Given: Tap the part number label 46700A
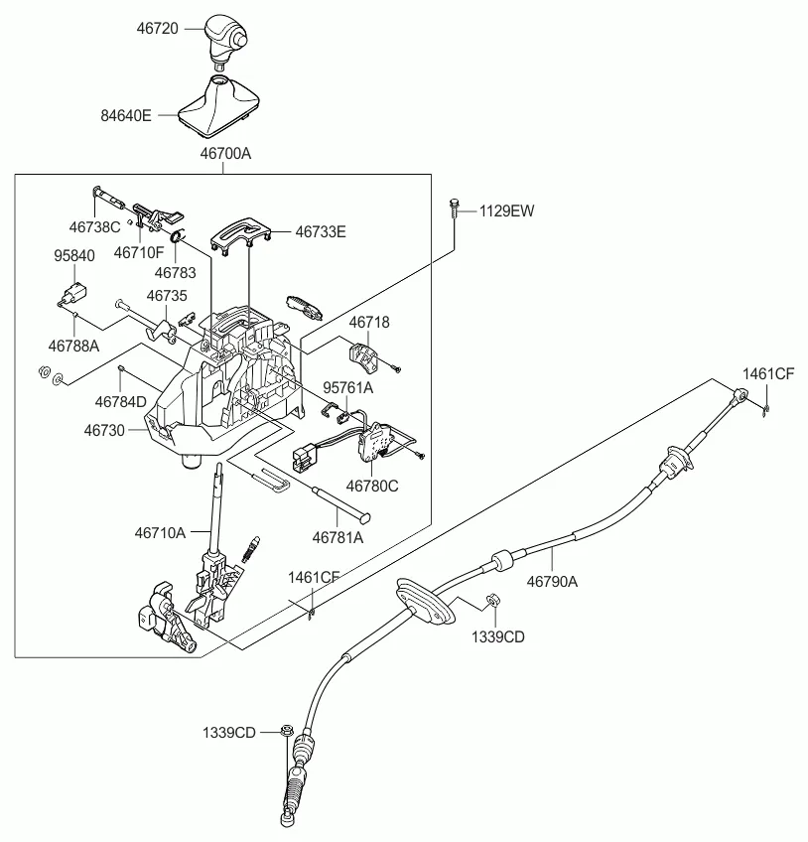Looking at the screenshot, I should (x=225, y=154).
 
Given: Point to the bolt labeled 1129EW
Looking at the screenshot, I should (x=454, y=210).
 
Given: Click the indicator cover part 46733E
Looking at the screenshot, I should (x=242, y=230).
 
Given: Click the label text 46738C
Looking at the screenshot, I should (x=94, y=226).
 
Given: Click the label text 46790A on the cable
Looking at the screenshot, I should (x=551, y=583).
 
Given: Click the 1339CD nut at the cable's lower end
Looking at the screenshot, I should (x=284, y=732).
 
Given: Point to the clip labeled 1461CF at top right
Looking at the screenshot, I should (x=766, y=404).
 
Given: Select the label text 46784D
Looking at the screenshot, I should (x=120, y=402).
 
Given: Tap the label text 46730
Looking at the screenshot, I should (x=105, y=431).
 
